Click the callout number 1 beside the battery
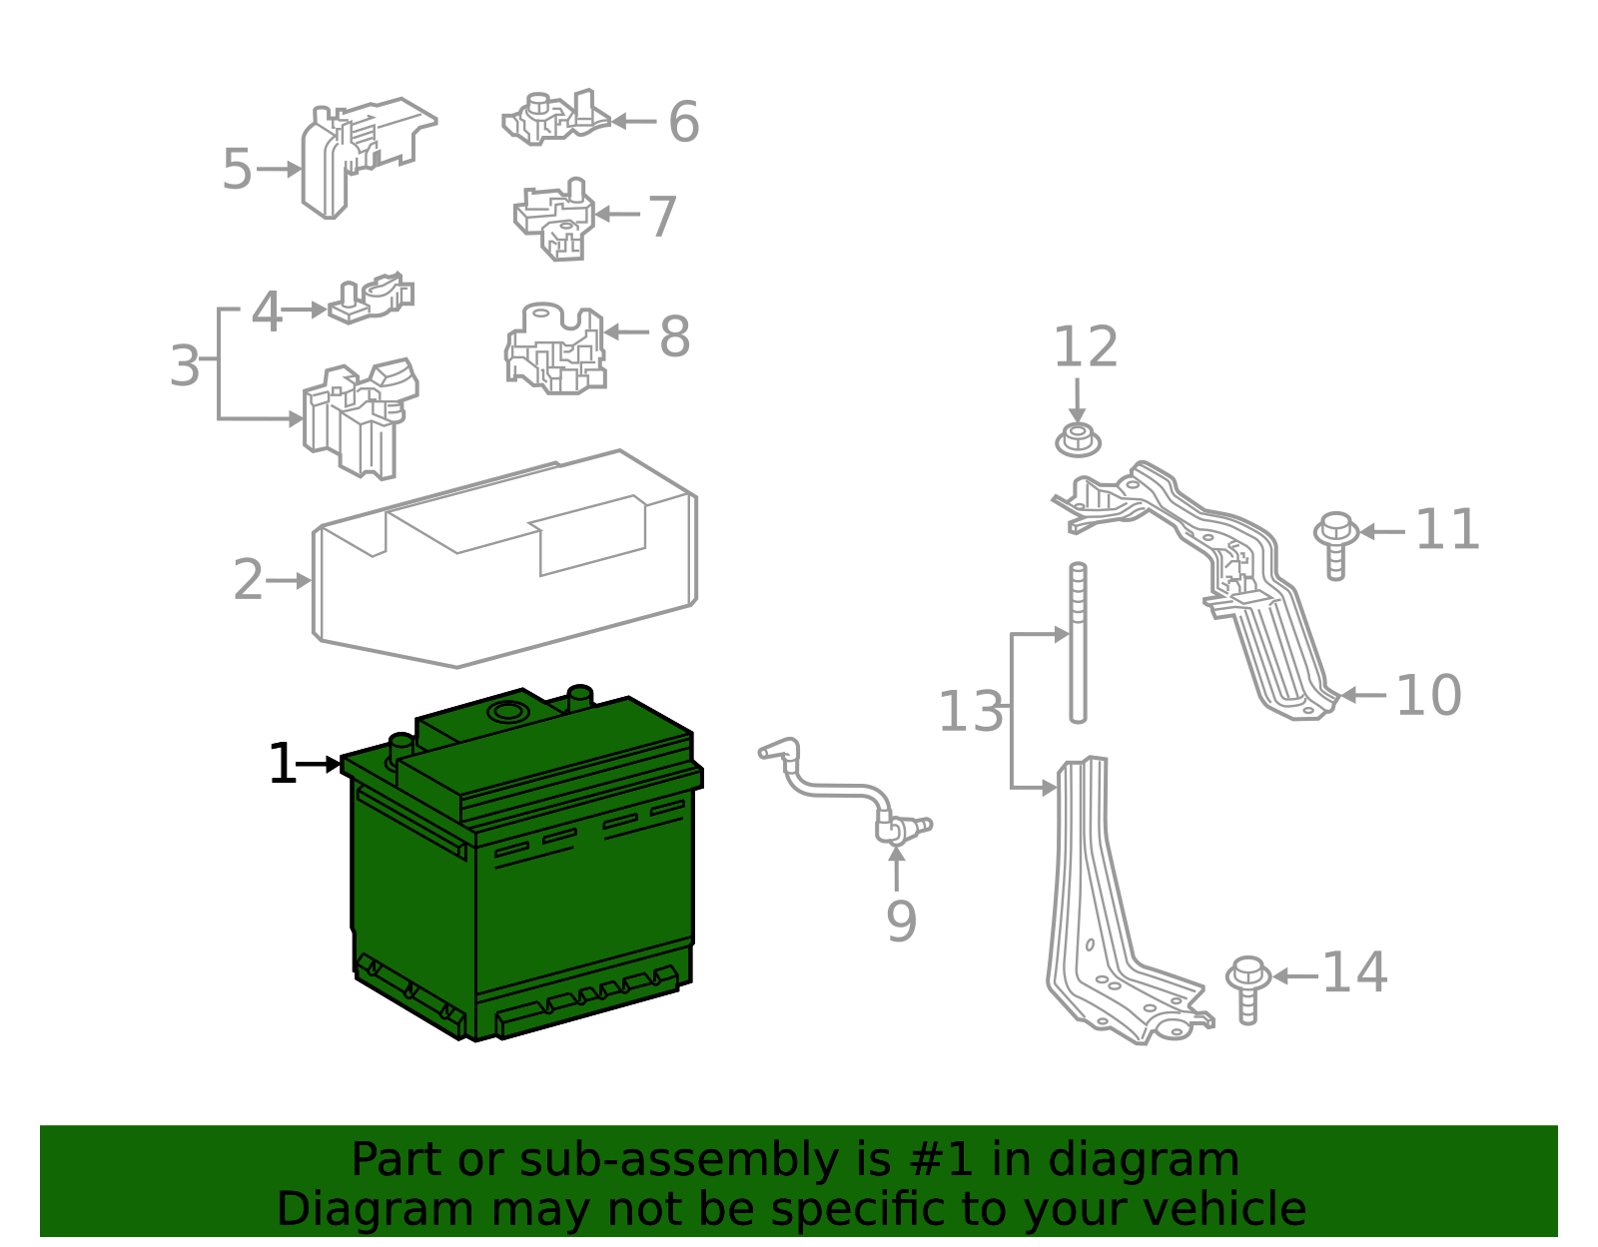282,765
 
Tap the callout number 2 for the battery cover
248,580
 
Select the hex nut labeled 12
1078,440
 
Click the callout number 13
970,713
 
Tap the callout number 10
1428,695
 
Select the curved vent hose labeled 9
839,789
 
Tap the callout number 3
185,365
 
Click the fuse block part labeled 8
555,350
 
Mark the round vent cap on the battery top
507,712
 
